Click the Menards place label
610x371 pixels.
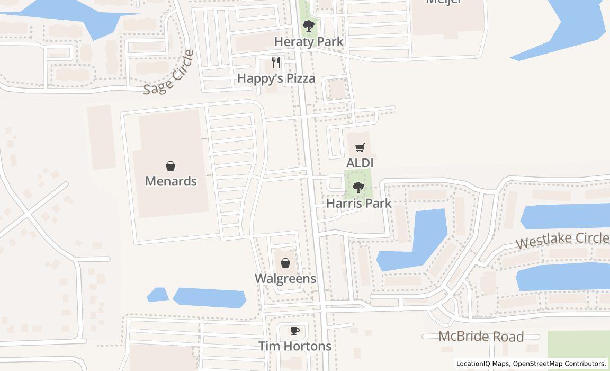(x=171, y=181)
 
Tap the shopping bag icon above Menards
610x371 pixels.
(x=171, y=166)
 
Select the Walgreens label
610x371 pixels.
(x=285, y=279)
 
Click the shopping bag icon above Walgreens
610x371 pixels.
(x=285, y=263)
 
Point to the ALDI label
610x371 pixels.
(x=360, y=163)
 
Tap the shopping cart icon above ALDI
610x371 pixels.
(x=360, y=148)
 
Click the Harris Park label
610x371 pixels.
(x=358, y=204)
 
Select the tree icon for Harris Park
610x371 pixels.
(x=358, y=187)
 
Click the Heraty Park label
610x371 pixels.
(x=309, y=42)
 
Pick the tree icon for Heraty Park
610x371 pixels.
(x=309, y=25)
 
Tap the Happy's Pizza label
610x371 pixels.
(x=276, y=78)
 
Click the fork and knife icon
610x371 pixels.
(x=276, y=63)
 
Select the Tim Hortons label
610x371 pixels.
(x=295, y=347)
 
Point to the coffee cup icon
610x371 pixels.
(x=295, y=331)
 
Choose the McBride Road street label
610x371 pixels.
(x=481, y=337)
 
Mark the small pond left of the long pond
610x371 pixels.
(x=157, y=295)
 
